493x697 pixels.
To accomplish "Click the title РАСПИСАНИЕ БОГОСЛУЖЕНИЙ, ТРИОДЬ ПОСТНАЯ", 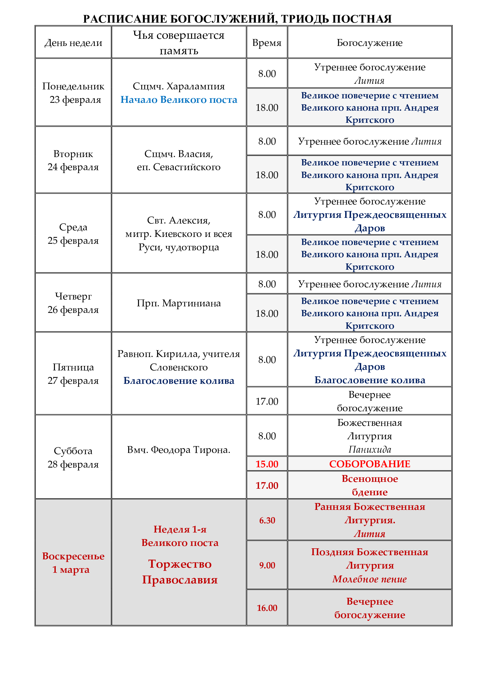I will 237,19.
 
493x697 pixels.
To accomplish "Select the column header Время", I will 267,43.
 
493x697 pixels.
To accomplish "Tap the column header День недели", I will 73,43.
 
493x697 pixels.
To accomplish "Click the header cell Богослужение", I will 369,43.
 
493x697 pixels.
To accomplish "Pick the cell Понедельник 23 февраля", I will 73,93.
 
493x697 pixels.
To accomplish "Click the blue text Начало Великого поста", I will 179,100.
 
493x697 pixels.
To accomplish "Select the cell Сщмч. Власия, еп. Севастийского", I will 179,160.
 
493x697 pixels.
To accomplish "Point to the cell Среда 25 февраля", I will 73,233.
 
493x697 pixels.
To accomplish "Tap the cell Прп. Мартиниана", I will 179,303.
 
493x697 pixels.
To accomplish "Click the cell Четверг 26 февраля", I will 73,303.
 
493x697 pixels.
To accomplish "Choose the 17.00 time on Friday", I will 267,401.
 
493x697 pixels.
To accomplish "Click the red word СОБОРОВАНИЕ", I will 369,464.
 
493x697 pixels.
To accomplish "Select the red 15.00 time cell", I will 267,464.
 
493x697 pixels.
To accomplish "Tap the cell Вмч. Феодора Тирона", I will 179,450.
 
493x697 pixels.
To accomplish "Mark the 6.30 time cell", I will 267,520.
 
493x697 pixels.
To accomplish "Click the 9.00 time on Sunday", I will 267,565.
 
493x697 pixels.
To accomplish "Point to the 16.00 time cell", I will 267,608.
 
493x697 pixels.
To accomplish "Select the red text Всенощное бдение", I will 369,485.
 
